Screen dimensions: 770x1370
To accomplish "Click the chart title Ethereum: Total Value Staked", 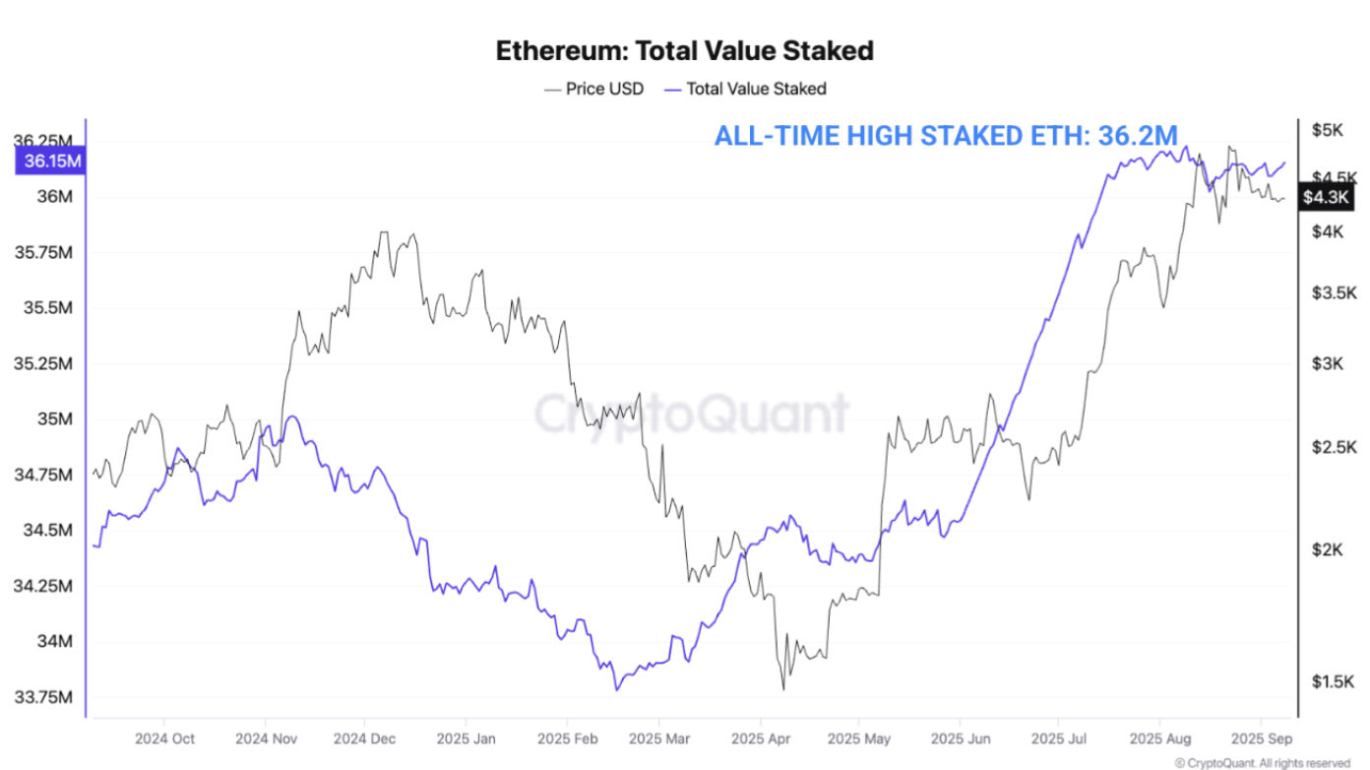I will (x=684, y=50).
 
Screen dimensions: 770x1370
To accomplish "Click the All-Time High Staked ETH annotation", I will (x=945, y=136).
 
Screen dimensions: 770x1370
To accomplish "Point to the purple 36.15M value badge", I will (x=49, y=161).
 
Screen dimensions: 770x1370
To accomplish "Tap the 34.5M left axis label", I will (x=45, y=531).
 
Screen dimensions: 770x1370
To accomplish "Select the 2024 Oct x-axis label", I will (x=164, y=738).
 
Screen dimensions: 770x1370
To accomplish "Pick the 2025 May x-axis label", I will (x=858, y=738).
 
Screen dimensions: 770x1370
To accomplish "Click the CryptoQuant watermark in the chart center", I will (x=690, y=414).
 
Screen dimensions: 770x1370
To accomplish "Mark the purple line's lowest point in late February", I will (x=617, y=688).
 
